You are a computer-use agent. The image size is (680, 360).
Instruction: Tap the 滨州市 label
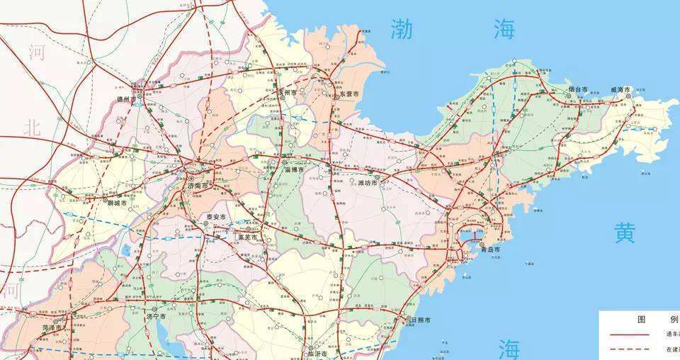click(288, 93)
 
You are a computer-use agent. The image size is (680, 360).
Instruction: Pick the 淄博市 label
click(293, 171)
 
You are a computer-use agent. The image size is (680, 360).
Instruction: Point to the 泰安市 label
click(215, 217)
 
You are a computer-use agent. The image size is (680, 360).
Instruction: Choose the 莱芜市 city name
click(248, 237)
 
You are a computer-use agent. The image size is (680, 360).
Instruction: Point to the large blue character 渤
click(402, 29)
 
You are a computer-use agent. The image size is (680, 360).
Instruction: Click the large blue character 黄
click(625, 233)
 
